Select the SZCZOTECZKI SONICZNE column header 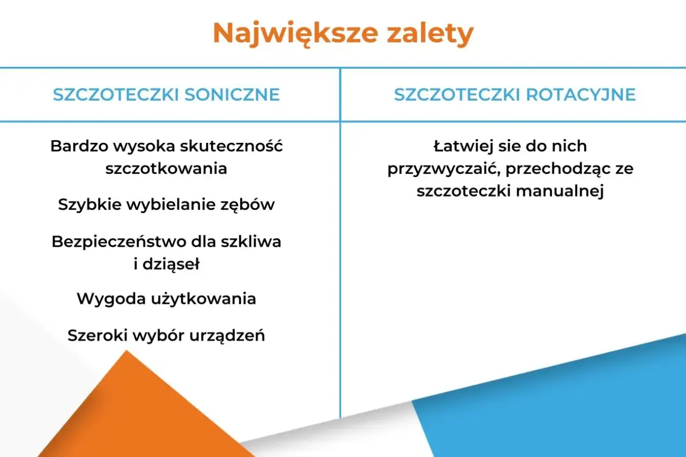click(166, 95)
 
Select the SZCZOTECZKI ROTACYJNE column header click(514, 95)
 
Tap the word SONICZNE click(232, 95)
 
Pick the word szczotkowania click(166, 168)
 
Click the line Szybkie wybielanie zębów click(166, 204)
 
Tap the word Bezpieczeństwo click(118, 241)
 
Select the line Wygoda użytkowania click(166, 299)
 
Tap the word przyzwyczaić click(443, 169)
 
